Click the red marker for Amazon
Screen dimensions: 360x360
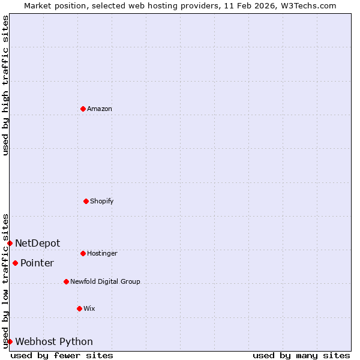coord(83,109)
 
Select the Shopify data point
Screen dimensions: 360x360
coord(86,201)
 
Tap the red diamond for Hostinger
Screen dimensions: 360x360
coord(83,253)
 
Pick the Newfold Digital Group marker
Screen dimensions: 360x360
coord(66,281)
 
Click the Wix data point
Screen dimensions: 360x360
coord(79,308)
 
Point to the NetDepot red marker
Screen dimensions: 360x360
coord(10,243)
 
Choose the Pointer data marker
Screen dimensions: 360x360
coord(15,263)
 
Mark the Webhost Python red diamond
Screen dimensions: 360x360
coord(10,341)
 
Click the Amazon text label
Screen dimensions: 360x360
coord(100,109)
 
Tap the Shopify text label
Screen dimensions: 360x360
coord(102,201)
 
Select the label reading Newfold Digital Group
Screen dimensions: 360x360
coord(105,281)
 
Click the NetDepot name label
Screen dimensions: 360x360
coord(37,243)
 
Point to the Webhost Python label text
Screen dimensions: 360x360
coord(54,341)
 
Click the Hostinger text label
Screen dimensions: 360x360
coord(102,253)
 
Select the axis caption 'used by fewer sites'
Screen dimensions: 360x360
coord(62,355)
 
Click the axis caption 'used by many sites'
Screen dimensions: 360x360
coord(301,355)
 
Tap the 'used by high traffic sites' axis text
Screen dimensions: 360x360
coord(5,86)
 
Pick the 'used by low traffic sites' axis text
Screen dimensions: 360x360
coord(5,281)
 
